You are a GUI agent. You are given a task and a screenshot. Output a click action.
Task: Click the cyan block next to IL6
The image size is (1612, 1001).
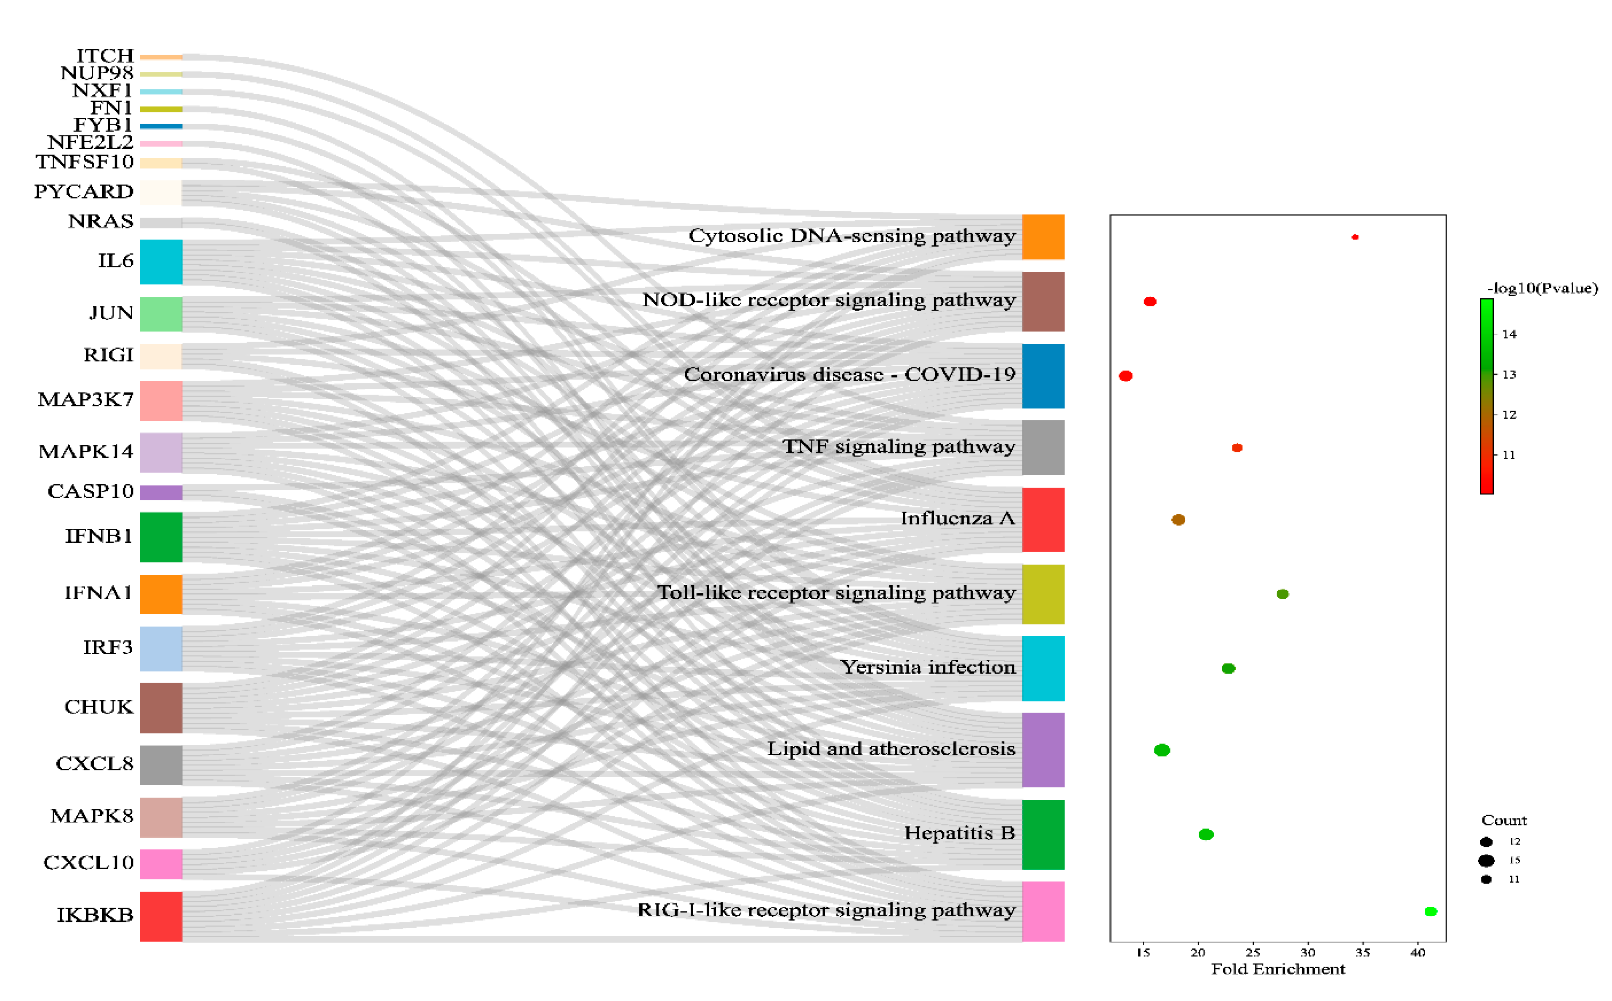tap(161, 262)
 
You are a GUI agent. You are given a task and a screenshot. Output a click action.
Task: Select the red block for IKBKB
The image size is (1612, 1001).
tap(161, 916)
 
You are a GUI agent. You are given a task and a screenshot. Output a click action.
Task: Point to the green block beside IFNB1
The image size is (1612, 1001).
tap(161, 537)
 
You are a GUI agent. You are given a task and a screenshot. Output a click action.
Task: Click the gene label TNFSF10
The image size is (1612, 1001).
tap(85, 162)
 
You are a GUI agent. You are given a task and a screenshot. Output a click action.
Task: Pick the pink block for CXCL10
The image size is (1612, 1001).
tap(161, 864)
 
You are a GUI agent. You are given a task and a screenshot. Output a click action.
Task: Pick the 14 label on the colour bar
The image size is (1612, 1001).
tap(1509, 335)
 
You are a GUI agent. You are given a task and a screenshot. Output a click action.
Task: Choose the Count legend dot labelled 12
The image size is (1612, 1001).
tap(1486, 842)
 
